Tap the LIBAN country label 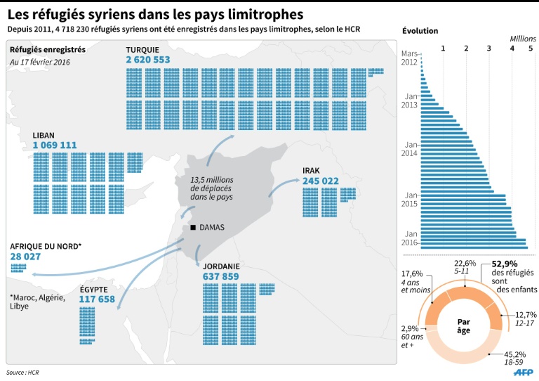coord(44,135)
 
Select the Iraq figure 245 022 coord(321,181)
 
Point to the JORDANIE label coord(221,266)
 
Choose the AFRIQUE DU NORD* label coord(46,246)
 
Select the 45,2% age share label coord(514,355)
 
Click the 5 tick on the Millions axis coord(531,49)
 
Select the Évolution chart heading coord(420,31)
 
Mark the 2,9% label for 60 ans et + coord(410,328)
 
